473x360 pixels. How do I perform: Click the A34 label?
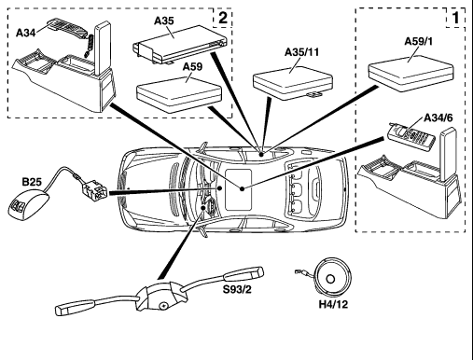(x=25, y=33)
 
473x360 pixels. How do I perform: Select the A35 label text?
(x=164, y=21)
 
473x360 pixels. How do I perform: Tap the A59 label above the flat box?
(x=192, y=66)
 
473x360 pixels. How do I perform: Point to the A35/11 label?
(x=301, y=52)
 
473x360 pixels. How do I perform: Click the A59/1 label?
(x=418, y=41)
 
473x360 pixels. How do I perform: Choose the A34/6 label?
(x=438, y=118)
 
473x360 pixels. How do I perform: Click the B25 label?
(x=32, y=182)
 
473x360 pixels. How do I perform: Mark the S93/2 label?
(x=237, y=289)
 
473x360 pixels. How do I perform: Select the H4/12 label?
(x=333, y=304)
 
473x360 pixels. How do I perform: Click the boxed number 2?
(x=223, y=18)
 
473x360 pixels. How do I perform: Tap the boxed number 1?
(x=455, y=18)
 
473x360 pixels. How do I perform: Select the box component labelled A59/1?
(x=410, y=74)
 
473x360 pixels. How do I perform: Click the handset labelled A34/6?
(x=410, y=137)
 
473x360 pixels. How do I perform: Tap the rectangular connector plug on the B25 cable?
(x=94, y=190)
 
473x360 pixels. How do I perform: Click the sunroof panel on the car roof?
(x=238, y=189)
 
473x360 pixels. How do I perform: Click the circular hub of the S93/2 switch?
(x=162, y=306)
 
